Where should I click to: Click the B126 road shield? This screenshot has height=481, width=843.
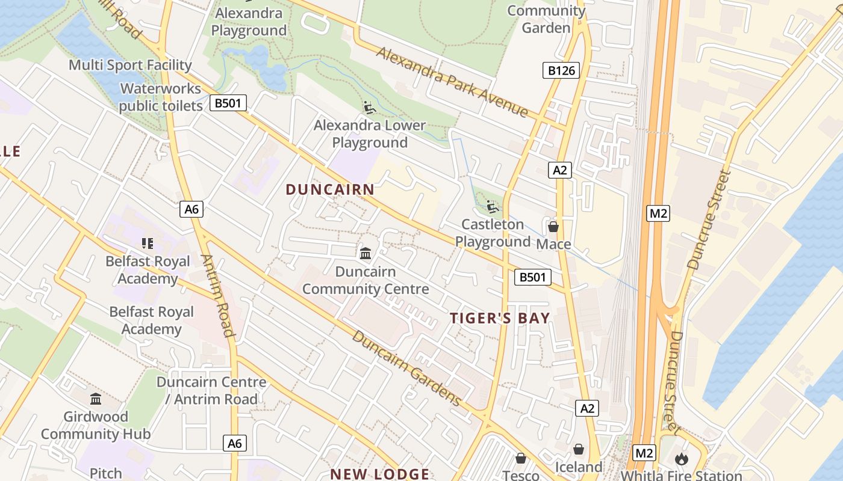point(561,71)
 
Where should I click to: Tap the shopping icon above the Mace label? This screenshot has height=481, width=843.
point(553,227)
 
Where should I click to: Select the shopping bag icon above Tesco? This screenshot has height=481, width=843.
point(521,458)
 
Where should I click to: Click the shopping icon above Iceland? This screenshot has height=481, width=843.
point(579,449)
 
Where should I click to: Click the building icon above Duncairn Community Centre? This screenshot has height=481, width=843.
point(366,254)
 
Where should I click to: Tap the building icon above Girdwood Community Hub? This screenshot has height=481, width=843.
point(96,399)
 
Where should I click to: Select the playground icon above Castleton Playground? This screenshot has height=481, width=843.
point(493,207)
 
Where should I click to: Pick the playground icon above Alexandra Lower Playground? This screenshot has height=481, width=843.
point(370,108)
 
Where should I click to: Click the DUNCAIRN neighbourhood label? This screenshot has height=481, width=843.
point(330,189)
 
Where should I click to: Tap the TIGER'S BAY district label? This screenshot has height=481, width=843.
point(500,318)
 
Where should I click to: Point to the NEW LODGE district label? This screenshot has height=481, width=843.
point(379,474)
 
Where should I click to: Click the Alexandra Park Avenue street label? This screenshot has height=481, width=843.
point(452,82)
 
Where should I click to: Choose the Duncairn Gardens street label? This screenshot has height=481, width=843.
point(406,368)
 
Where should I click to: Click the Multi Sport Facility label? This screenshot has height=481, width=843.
point(130,65)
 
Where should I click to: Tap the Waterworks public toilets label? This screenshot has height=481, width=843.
point(160,97)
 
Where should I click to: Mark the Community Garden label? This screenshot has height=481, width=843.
point(546,19)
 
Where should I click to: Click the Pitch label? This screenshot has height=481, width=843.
point(106,473)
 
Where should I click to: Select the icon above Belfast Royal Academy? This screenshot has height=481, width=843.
point(148,244)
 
